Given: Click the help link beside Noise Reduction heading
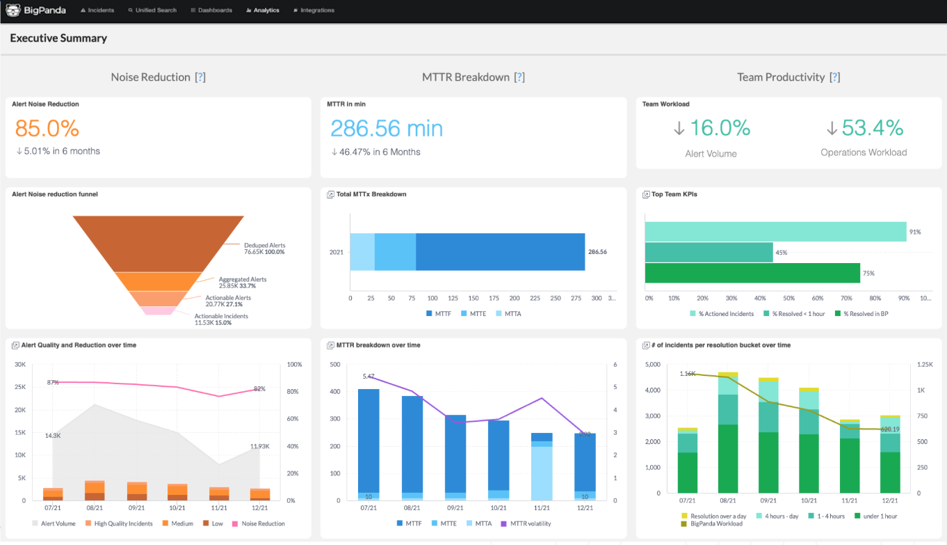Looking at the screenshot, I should (200, 77).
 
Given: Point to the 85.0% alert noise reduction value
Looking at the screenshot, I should (47, 128).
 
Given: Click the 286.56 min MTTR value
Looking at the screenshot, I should (386, 128).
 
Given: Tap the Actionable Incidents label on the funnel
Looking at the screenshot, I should (221, 316).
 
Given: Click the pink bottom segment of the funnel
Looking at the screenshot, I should (158, 310).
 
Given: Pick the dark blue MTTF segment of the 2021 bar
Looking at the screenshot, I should (500, 252).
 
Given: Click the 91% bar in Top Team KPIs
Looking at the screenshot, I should (775, 232).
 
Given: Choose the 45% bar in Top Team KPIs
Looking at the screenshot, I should (709, 252).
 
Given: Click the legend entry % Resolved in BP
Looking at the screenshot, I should (866, 314).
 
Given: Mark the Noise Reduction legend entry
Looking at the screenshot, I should (263, 523).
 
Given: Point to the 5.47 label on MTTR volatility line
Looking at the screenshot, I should (369, 377).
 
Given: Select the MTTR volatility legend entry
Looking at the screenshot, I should (530, 523).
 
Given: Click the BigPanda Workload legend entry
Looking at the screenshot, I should (716, 523).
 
